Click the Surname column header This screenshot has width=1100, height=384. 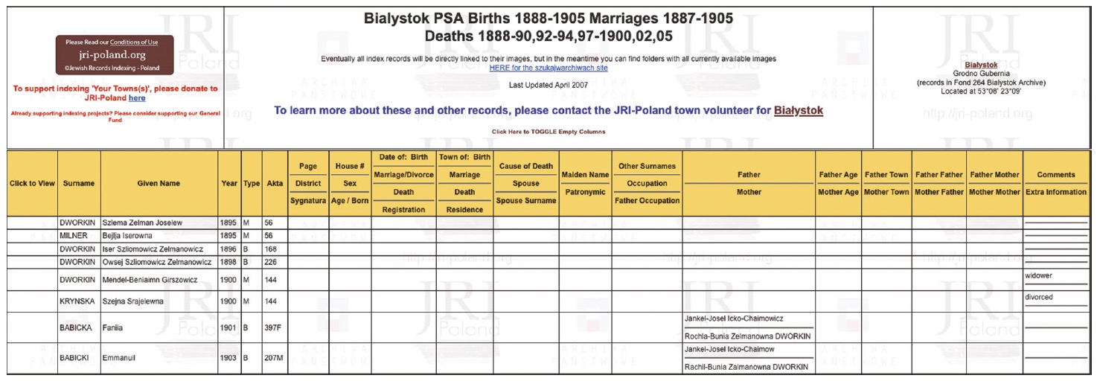[x=78, y=183]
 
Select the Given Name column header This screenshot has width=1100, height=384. [x=159, y=183]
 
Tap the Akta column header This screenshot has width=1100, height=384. [x=274, y=183]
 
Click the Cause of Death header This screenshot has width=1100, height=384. [x=526, y=166]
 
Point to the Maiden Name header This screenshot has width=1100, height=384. [x=584, y=175]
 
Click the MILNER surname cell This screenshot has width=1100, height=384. [x=74, y=235]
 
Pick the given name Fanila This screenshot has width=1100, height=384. [x=112, y=327]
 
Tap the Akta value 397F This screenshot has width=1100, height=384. [x=273, y=327]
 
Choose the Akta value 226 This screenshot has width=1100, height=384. [x=270, y=262]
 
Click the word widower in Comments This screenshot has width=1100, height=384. [x=1039, y=275]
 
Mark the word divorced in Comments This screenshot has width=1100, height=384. [x=1039, y=297]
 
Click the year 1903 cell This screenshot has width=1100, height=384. [x=228, y=358]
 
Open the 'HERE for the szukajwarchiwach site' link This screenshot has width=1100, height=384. [x=549, y=68]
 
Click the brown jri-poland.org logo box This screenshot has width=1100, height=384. [x=114, y=55]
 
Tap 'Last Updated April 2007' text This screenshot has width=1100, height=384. [x=549, y=85]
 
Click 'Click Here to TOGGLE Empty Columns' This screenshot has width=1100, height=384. [x=549, y=132]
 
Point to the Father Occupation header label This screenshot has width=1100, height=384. [x=647, y=200]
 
